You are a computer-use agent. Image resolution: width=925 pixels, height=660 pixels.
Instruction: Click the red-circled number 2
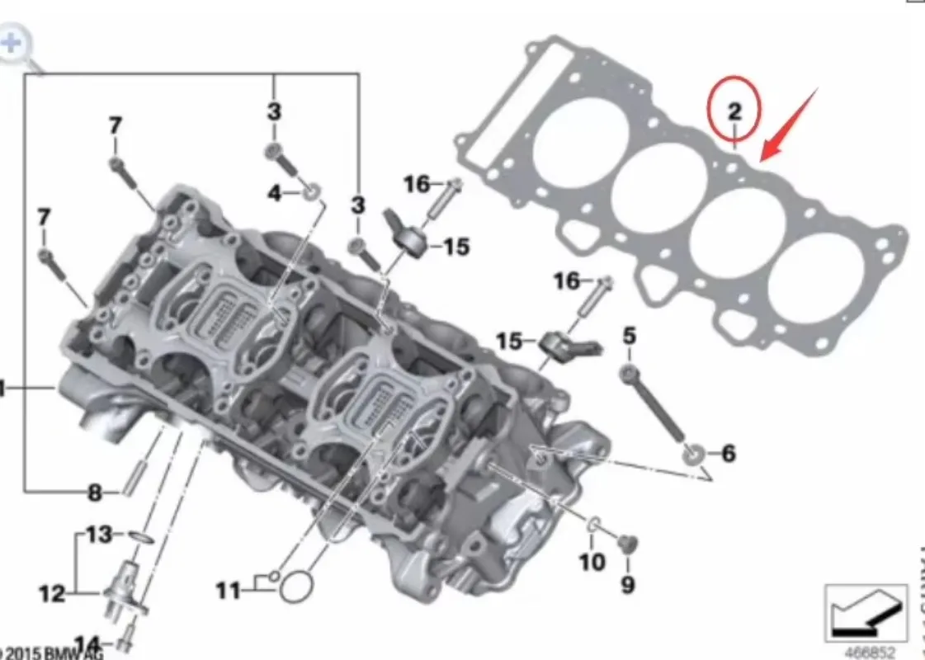[x=734, y=111]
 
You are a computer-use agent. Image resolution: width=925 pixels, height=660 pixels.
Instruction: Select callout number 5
[x=630, y=336]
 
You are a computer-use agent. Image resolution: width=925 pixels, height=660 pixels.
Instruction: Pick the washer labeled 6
[x=693, y=453]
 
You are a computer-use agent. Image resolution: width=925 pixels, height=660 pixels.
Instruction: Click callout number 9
[x=628, y=585]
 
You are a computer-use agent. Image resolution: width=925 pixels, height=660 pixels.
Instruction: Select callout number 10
[x=592, y=562]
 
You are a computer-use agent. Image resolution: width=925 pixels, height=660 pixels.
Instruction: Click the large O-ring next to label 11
[x=296, y=589]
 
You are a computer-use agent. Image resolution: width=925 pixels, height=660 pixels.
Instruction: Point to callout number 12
[x=52, y=592]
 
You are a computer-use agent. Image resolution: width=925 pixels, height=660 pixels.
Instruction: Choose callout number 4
[x=276, y=194]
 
